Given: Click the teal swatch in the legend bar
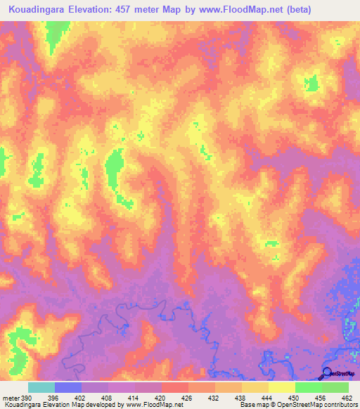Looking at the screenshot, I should (x=41, y=388).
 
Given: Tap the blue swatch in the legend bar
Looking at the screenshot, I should (x=67, y=388).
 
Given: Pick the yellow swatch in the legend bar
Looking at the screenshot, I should (x=281, y=388).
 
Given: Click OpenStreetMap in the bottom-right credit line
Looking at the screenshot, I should (x=298, y=404).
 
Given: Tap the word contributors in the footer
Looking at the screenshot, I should (x=337, y=404).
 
